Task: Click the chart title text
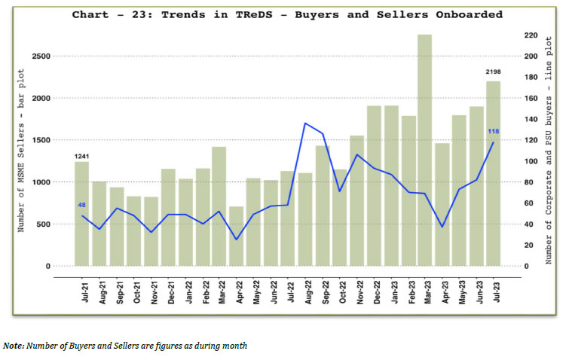[x=287, y=14]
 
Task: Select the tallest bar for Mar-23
[x=424, y=151]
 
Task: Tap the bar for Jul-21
[x=81, y=214]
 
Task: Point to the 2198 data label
[x=493, y=72]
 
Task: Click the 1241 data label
[x=81, y=156]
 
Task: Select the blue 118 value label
[x=494, y=132]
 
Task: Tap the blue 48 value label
[x=81, y=205]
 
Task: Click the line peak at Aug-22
[x=304, y=123]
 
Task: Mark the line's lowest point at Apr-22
[x=237, y=239]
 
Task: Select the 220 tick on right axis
[x=531, y=35]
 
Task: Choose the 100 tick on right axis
[x=531, y=161]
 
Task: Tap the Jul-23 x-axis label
[x=494, y=291]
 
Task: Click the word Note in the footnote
[x=13, y=346]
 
